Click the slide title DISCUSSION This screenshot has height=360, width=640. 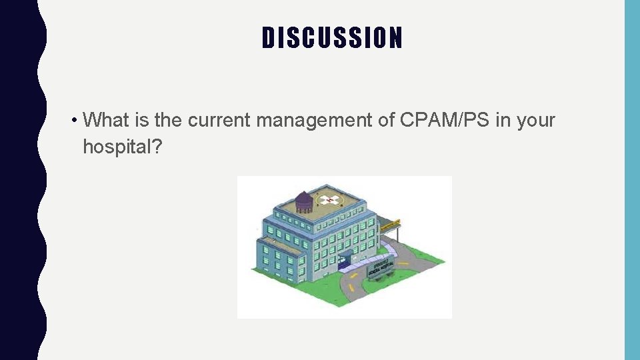(332, 38)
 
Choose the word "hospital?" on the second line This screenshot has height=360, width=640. (123, 147)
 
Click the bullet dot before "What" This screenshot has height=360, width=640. (77, 121)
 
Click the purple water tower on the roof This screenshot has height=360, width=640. (304, 201)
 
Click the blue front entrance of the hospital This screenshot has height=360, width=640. (347, 262)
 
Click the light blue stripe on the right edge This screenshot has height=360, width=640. (631, 180)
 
